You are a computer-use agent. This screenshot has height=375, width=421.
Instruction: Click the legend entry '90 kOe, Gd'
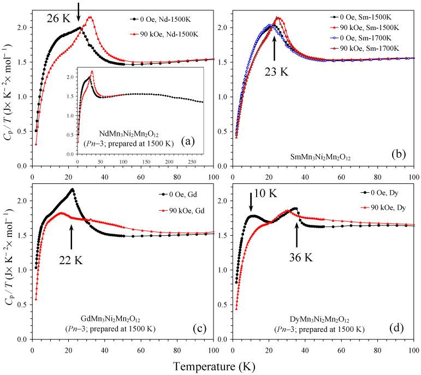(176, 210)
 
